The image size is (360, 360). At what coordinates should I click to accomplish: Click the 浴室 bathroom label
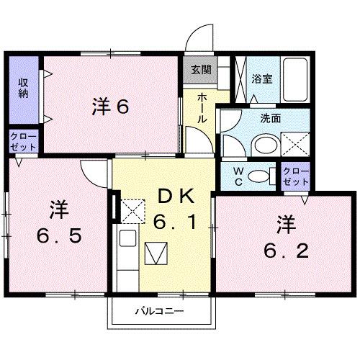click(x=261, y=79)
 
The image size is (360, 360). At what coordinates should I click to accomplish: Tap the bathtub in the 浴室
click(x=295, y=79)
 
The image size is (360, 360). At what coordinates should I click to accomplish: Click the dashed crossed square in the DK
click(x=131, y=209)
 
